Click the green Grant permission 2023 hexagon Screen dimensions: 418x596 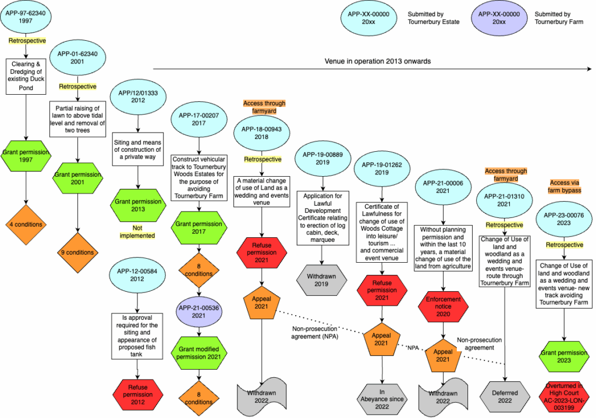click(x=563, y=356)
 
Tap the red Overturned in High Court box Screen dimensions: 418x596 click(x=563, y=396)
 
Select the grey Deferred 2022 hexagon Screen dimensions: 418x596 click(x=504, y=396)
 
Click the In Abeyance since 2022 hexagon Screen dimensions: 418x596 click(x=381, y=396)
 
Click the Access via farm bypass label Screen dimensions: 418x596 click(x=564, y=186)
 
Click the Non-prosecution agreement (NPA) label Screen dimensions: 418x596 click(x=316, y=331)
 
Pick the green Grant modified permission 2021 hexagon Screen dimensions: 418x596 click(x=199, y=352)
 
